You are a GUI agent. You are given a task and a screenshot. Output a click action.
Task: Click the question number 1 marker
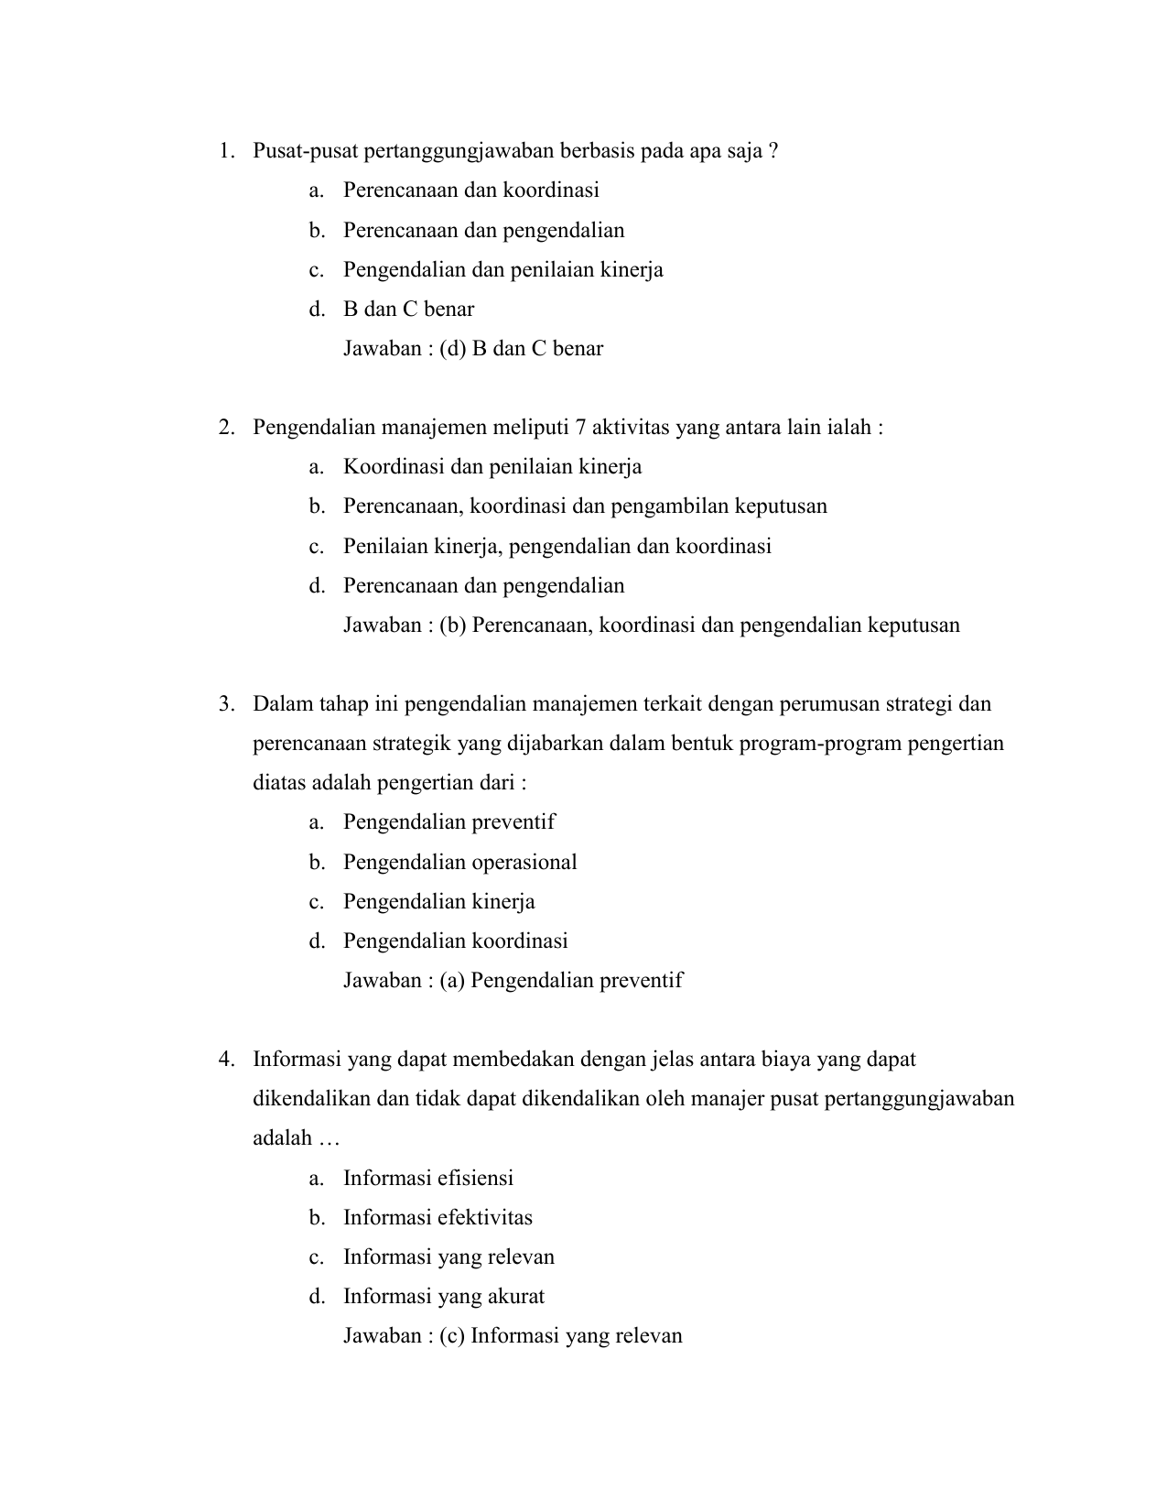click(224, 151)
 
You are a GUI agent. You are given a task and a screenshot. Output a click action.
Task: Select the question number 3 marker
click(224, 704)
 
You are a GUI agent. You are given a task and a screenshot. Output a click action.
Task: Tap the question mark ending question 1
click(774, 151)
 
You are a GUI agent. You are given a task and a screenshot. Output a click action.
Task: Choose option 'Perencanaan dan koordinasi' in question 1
click(470, 190)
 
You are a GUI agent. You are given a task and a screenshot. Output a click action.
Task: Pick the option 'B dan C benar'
click(408, 310)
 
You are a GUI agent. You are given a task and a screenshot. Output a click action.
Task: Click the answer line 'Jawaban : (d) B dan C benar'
click(472, 349)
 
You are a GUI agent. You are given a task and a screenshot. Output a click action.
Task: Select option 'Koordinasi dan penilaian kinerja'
click(492, 467)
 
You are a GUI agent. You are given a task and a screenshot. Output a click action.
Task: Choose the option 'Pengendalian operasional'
click(459, 863)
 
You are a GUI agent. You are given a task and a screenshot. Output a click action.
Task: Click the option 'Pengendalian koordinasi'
click(455, 941)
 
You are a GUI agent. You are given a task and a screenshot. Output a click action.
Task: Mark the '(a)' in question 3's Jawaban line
click(452, 981)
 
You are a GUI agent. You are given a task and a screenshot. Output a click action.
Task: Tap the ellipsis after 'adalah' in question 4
click(328, 1139)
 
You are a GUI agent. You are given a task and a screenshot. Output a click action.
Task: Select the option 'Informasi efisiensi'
click(427, 1179)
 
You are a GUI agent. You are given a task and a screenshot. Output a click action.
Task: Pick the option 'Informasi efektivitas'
click(438, 1218)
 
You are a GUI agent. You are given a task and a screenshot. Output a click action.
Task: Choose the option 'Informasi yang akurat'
click(443, 1297)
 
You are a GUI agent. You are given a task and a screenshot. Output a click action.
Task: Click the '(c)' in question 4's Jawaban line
click(452, 1336)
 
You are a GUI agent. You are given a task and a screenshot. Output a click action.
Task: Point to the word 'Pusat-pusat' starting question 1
click(305, 151)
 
